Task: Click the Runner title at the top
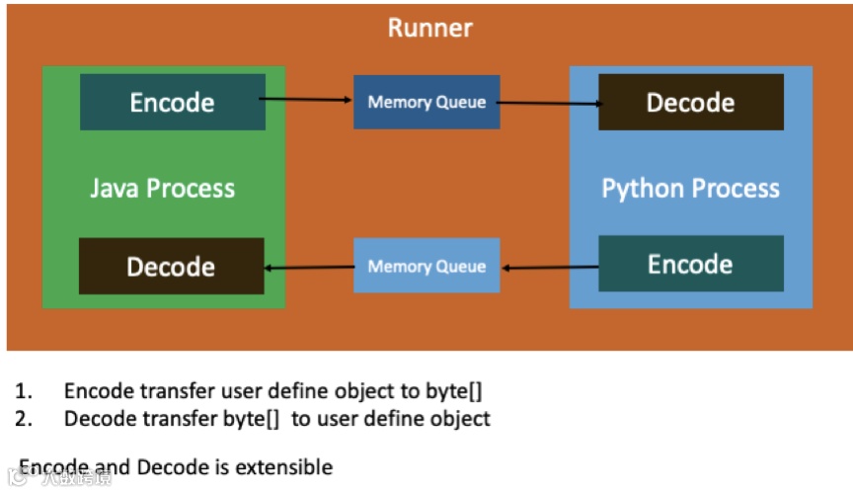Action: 429,27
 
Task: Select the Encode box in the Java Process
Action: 173,103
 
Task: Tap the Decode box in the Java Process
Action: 171,266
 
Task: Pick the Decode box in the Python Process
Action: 690,102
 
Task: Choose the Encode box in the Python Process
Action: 690,264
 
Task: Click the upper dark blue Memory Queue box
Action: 426,102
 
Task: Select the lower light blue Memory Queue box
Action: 426,266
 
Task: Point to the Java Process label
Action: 163,188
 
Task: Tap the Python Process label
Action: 690,188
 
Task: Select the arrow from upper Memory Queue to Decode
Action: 549,103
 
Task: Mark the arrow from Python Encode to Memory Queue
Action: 549,267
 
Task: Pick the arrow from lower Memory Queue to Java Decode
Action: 309,267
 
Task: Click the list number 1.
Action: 23,390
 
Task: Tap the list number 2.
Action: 23,418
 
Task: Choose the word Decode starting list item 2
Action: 99,418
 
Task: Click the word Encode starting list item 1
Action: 98,390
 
